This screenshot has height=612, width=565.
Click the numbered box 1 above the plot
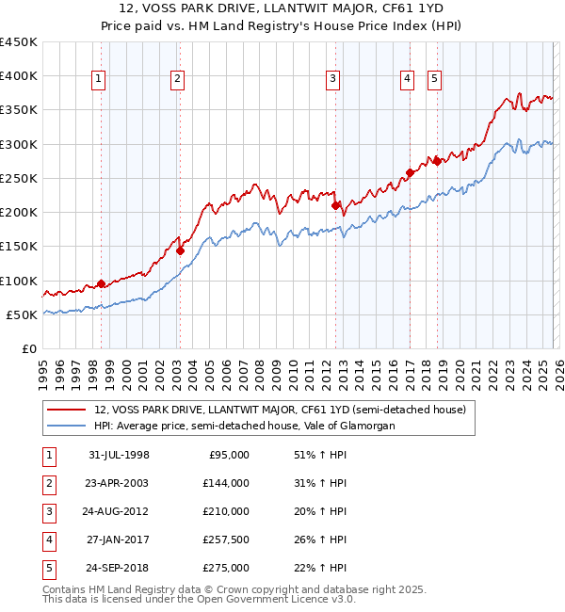pos(100,80)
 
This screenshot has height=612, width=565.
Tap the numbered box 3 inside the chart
pos(333,80)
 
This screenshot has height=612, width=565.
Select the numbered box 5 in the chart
pos(434,80)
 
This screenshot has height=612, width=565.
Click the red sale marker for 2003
pos(180,250)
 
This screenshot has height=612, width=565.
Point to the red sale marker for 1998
pos(101,283)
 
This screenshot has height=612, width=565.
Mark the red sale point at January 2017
pos(410,172)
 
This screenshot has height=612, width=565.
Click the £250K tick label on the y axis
pos(19,178)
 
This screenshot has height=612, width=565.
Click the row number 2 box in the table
pos(48,483)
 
